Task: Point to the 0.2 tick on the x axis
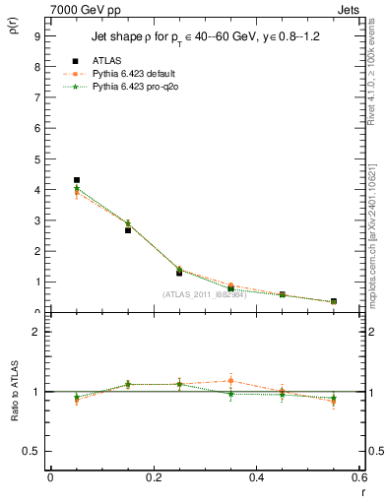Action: tap(153, 477)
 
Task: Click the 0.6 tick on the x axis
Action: tap(359, 477)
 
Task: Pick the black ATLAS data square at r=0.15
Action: tap(128, 230)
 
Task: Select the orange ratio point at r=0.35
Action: tap(230, 381)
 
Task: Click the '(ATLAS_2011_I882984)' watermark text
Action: tap(204, 294)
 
